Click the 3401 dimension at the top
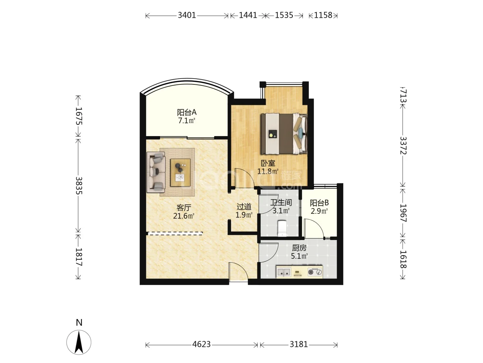pos(187,15)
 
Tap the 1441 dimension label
pos(248,15)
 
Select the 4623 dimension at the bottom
pos(201,344)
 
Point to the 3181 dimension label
pos(299,344)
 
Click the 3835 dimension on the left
pos(79,185)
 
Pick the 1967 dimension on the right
pos(403,213)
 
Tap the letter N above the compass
pos(79,322)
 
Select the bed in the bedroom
pos(284,134)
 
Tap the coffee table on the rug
pos(180,172)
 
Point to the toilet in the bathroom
pos(282,228)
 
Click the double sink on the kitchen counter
pos(284,272)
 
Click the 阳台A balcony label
pos(186,112)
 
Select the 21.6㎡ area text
pos(184,216)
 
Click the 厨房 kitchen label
pos(299,248)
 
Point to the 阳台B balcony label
pos(319,203)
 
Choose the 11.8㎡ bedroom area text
pos(268,171)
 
